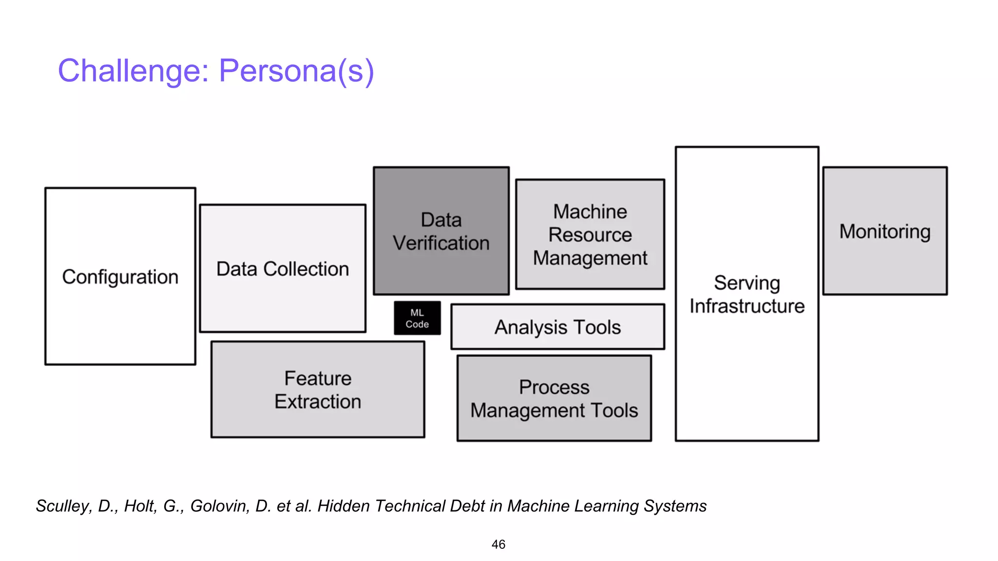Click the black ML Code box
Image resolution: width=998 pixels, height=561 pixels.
point(417,318)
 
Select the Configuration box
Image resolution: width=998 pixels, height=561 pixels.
point(120,276)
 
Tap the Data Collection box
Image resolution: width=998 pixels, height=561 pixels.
point(283,269)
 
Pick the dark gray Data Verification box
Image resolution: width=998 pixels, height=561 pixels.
point(441,231)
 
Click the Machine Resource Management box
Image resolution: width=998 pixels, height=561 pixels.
point(590,234)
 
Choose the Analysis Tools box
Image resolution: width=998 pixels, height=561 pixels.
point(557,327)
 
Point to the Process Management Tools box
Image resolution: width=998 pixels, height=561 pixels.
point(554,398)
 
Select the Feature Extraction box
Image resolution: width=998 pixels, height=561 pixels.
point(318,390)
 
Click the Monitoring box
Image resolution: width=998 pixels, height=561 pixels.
point(885,231)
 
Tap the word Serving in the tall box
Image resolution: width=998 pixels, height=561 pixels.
point(747,283)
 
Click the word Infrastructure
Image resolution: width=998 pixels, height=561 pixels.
point(747,306)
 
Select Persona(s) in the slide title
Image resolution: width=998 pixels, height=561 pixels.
point(296,71)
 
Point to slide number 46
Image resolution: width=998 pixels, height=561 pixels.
point(498,544)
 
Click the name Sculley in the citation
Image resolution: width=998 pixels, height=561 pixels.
point(63,506)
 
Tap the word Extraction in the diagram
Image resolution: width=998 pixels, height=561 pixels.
point(318,402)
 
